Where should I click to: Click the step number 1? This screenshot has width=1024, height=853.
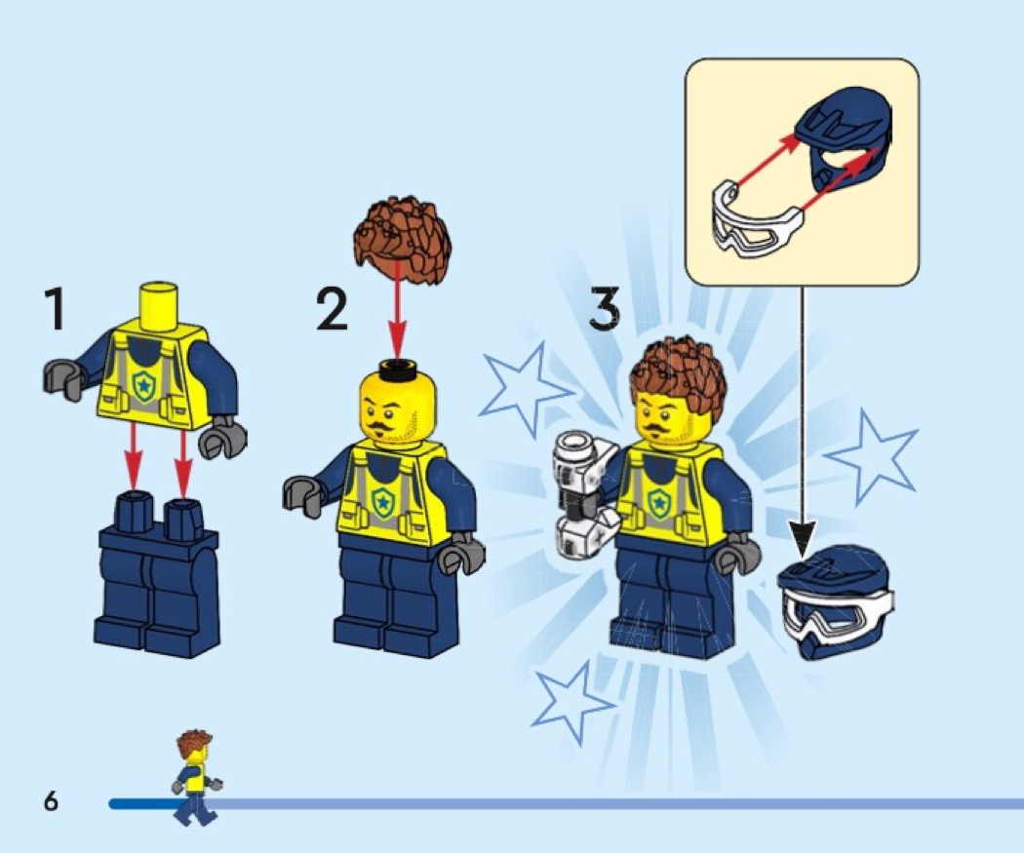click(55, 309)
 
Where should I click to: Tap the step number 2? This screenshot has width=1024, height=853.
click(333, 309)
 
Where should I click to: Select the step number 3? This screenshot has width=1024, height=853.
click(604, 309)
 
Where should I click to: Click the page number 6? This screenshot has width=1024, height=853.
click(51, 800)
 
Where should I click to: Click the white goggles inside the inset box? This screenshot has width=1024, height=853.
click(756, 218)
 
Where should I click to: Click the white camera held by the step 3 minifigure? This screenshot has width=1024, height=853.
click(584, 494)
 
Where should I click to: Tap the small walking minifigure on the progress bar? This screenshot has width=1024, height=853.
click(195, 778)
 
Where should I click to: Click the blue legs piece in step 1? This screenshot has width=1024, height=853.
click(157, 574)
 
